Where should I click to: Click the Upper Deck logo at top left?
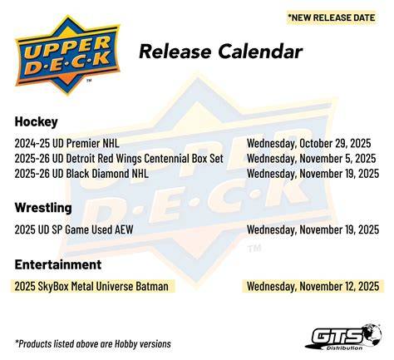[x=68, y=56]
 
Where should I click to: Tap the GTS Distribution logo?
[x=343, y=338]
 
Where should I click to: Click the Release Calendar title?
[x=220, y=52]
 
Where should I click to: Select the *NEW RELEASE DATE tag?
[x=332, y=17]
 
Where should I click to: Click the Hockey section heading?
[x=37, y=121]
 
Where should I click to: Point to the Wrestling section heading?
[x=43, y=208]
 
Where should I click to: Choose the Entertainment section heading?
[x=58, y=264]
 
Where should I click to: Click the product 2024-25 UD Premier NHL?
[x=66, y=143]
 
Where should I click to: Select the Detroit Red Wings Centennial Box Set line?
[x=119, y=159]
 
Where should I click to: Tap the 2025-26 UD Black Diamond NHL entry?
[x=81, y=174]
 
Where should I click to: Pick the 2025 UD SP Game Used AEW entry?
[x=74, y=229]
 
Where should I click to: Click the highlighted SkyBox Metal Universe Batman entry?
[x=91, y=286]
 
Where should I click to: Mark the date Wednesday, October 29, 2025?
[x=308, y=144]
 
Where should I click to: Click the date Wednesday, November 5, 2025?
[x=311, y=159]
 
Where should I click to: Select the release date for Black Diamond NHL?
[x=313, y=174]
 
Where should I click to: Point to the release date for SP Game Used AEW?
[x=313, y=229]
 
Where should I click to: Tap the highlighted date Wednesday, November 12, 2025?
[x=313, y=286]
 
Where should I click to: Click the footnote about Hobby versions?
[x=93, y=344]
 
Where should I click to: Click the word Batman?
[x=152, y=286]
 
